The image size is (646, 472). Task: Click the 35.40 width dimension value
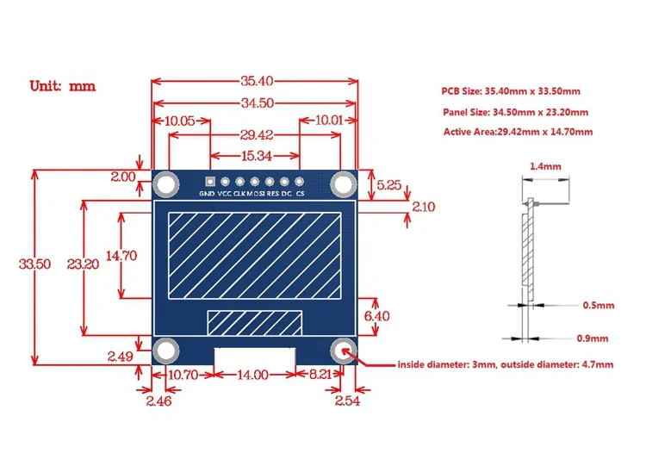click(256, 82)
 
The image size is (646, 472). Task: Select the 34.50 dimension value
click(256, 102)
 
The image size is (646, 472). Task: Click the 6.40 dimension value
click(376, 316)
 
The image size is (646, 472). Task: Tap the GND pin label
click(207, 195)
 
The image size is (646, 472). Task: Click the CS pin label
click(300, 195)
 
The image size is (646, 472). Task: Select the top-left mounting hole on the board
click(166, 183)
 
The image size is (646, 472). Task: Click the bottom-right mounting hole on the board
click(345, 349)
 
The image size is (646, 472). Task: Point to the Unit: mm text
click(62, 86)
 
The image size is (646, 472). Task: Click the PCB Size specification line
click(511, 91)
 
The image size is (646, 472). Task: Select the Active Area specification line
click(518, 132)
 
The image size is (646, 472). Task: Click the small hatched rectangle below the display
click(255, 322)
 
